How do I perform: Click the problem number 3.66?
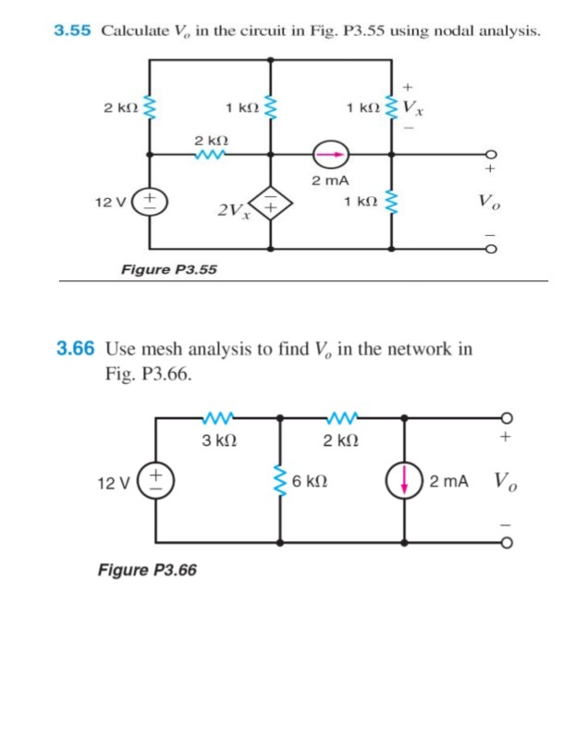74,349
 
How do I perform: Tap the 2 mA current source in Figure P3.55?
329,154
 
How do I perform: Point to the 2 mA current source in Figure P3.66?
403,481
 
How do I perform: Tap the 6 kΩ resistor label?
307,482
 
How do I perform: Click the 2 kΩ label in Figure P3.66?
340,439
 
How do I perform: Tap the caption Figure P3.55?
169,269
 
